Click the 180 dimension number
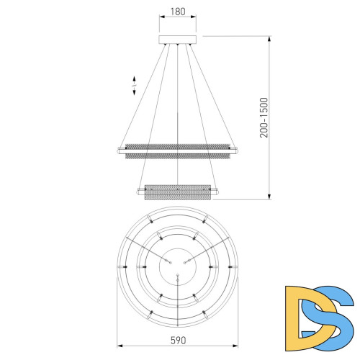coord(177,12)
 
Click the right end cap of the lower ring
coord(217,191)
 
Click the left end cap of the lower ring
coord(138,191)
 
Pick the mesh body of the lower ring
coord(177,193)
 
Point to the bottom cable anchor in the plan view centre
coord(177,275)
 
